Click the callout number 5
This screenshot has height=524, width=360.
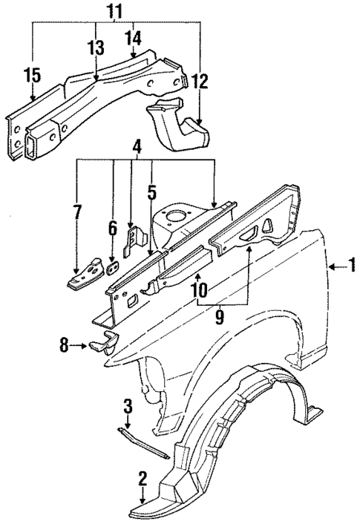coord(151,193)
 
